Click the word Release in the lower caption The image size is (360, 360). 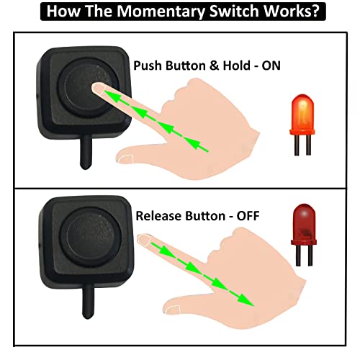[x=156, y=215]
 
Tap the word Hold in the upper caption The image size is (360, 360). [x=227, y=66]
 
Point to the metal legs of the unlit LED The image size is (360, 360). [x=305, y=256]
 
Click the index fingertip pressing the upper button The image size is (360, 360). [x=101, y=91]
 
